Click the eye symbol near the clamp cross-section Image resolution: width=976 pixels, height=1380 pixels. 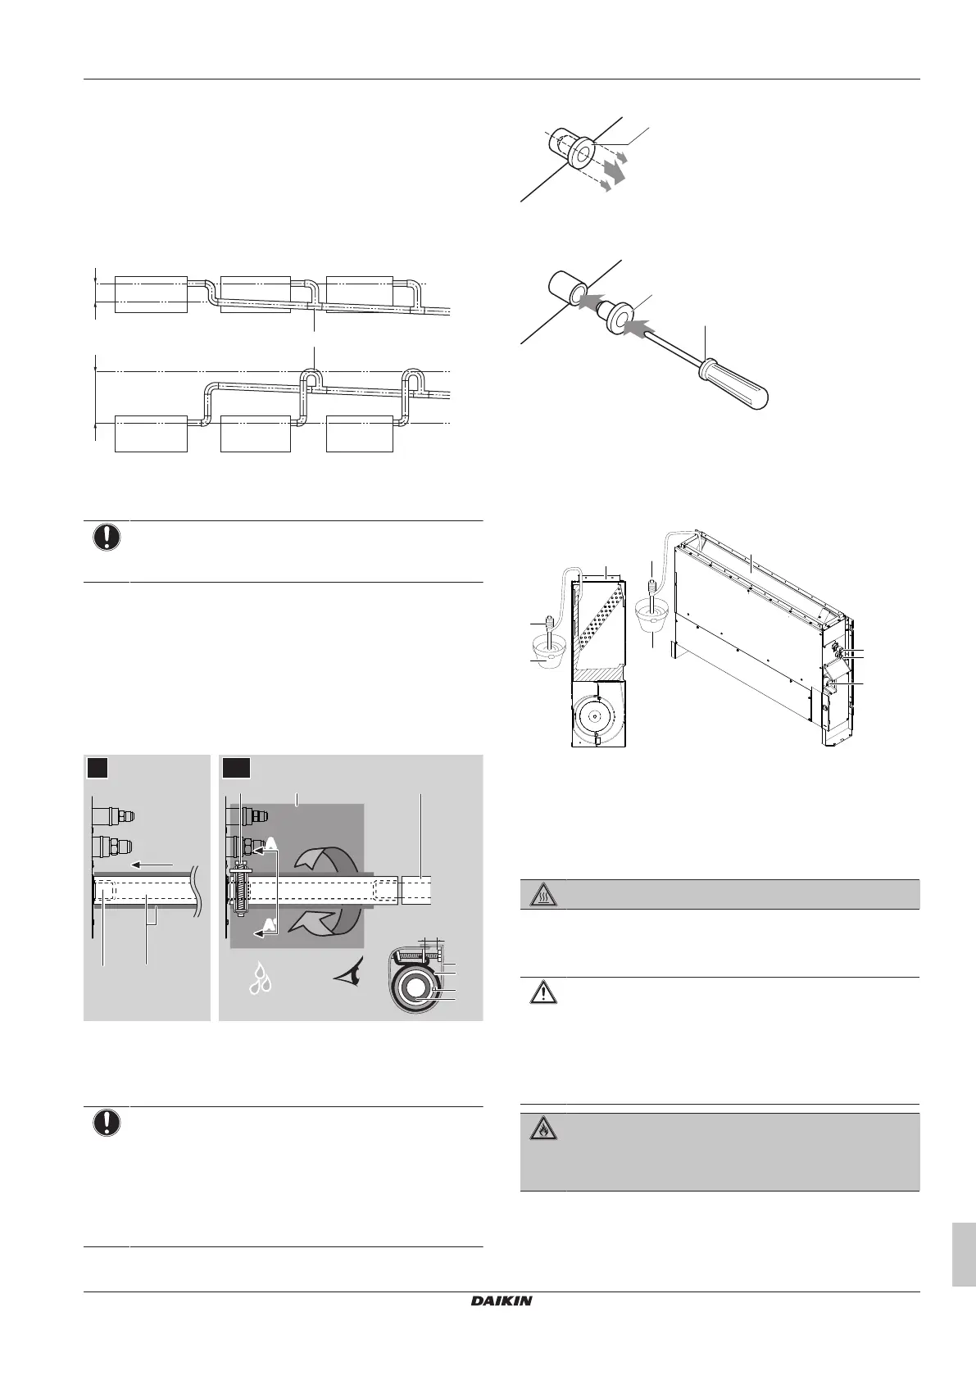click(355, 975)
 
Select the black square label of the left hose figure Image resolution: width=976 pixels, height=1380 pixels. click(98, 769)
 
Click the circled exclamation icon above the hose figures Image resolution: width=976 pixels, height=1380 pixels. click(107, 537)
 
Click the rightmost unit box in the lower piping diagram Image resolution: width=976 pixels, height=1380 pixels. click(360, 434)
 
